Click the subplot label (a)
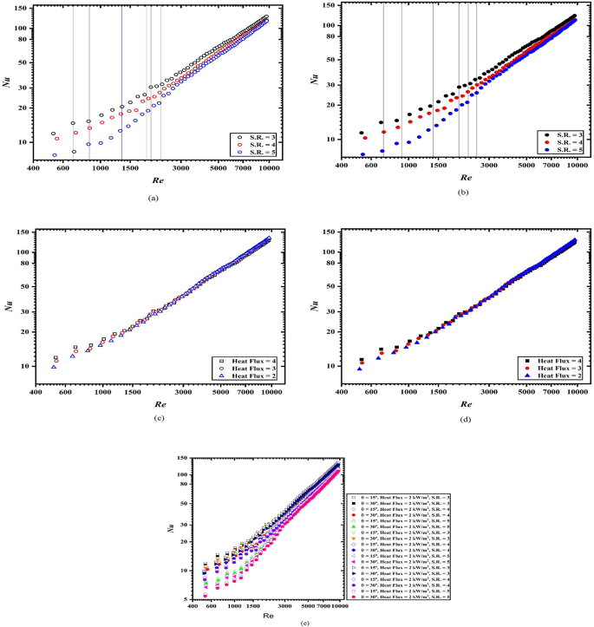point(153,199)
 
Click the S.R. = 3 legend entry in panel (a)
point(256,137)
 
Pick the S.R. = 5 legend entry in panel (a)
point(256,153)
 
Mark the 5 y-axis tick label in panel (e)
point(186,598)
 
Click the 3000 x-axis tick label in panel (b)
point(490,164)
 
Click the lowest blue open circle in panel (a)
point(55,155)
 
